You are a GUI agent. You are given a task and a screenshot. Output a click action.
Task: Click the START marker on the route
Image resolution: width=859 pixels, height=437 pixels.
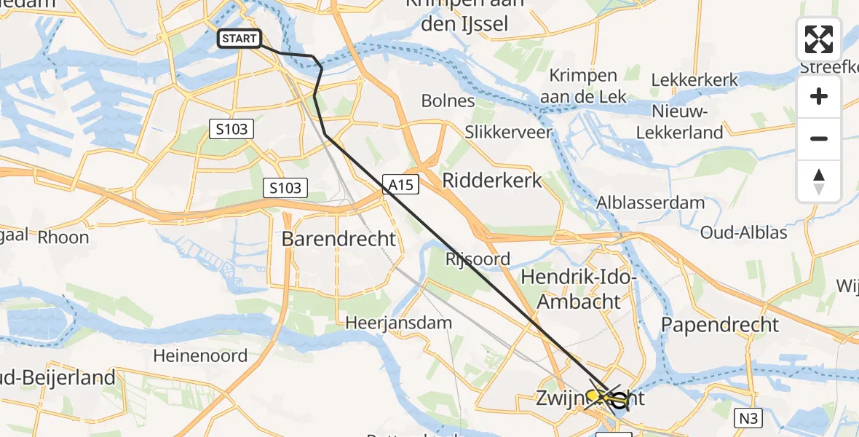pos(240,39)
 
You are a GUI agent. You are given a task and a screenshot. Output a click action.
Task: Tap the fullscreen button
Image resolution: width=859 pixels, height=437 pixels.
pos(819,39)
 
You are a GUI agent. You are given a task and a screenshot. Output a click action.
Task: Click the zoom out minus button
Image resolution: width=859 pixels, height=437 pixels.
pos(819,138)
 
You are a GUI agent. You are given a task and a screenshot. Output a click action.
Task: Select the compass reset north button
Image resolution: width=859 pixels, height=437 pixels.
pos(819,181)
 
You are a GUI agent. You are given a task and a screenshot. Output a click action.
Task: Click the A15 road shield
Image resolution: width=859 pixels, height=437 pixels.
pos(401,186)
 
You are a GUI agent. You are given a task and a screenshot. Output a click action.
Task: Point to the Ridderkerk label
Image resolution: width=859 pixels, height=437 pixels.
pos(493,180)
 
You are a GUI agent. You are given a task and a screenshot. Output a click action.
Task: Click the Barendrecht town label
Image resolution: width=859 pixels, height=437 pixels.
pos(339,238)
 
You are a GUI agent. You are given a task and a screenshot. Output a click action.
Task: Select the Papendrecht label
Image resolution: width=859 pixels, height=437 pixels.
pos(719,324)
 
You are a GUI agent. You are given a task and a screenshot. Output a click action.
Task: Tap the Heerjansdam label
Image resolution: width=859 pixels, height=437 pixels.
pos(399,322)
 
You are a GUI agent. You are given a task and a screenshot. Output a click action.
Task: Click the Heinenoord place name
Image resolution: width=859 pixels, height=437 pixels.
pos(201,356)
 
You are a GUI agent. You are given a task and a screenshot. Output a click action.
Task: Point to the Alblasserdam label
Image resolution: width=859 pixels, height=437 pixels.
pos(651,202)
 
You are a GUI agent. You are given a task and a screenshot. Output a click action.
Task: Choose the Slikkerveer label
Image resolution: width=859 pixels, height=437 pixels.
pos(509,133)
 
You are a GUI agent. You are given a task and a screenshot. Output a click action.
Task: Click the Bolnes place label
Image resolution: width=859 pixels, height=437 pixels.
pos(448,101)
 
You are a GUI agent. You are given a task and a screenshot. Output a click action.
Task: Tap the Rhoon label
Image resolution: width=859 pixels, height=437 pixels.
pos(63,237)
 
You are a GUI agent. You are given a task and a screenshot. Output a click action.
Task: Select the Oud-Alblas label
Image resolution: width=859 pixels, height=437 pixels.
pos(744,233)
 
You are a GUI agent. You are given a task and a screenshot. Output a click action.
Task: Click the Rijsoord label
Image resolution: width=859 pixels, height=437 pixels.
pos(478,259)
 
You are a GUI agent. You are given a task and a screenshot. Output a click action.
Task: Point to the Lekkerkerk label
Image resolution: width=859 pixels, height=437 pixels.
pos(695,80)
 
